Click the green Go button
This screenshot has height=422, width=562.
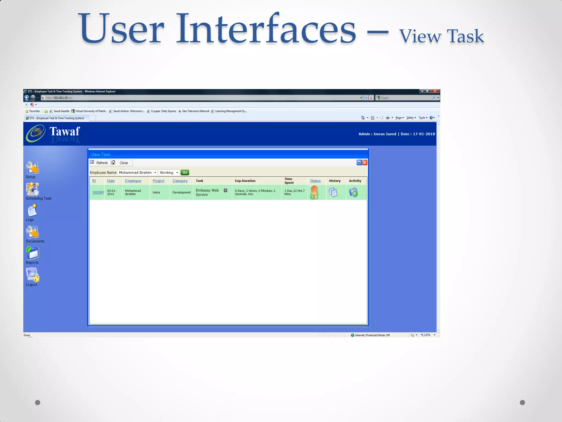pyautogui.click(x=185, y=173)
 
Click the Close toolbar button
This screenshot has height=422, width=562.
pyautogui.click(x=121, y=163)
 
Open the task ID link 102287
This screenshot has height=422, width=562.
pyautogui.click(x=98, y=192)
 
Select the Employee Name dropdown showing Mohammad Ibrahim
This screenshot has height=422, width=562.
pyautogui.click(x=137, y=173)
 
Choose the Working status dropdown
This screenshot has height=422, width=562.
pyautogui.click(x=169, y=173)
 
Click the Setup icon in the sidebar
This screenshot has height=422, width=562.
pyautogui.click(x=32, y=167)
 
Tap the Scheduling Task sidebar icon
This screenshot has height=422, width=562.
pyautogui.click(x=32, y=189)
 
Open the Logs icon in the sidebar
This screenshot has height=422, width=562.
pyautogui.click(x=32, y=211)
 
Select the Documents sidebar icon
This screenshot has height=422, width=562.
pyautogui.click(x=32, y=232)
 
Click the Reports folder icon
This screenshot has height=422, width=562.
pyautogui.click(x=32, y=253)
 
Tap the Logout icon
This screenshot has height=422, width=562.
pyautogui.click(x=33, y=275)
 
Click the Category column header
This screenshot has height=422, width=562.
pyautogui.click(x=180, y=181)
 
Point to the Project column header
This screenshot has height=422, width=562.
pyautogui.click(x=158, y=181)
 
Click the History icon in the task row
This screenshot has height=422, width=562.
pyautogui.click(x=333, y=192)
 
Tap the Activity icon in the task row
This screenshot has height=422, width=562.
pyautogui.click(x=353, y=192)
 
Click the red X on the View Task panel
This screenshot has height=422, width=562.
pyautogui.click(x=365, y=163)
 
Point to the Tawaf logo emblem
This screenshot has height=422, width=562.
pyautogui.click(x=36, y=134)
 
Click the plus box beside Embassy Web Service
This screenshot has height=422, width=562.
pyautogui.click(x=226, y=190)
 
